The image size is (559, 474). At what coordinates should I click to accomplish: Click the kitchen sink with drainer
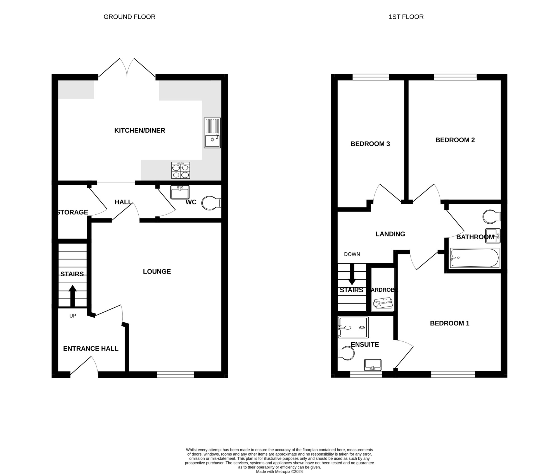212,133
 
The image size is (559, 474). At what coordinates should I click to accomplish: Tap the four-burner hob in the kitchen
181,170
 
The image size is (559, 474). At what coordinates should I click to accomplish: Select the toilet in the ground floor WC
211,203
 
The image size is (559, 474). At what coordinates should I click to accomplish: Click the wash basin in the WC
180,192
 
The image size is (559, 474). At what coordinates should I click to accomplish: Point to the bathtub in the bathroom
474,258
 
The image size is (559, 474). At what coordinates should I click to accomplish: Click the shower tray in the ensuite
353,327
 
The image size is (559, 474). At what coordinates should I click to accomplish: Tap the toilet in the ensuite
346,353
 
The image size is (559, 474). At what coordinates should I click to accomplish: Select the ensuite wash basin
373,365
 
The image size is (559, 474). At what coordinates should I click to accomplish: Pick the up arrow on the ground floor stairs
73,296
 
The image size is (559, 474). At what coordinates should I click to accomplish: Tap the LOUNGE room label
157,272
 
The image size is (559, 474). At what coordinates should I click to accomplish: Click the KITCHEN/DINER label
140,130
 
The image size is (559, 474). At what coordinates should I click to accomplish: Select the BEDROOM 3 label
370,144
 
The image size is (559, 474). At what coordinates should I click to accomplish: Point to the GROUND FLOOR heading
129,17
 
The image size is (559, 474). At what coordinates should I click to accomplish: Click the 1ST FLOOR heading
406,17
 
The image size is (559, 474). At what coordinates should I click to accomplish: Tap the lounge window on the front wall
176,375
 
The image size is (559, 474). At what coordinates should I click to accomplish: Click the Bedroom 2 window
455,77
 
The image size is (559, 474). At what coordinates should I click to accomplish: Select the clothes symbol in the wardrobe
383,303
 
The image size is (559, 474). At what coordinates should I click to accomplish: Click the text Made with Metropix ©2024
279,471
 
